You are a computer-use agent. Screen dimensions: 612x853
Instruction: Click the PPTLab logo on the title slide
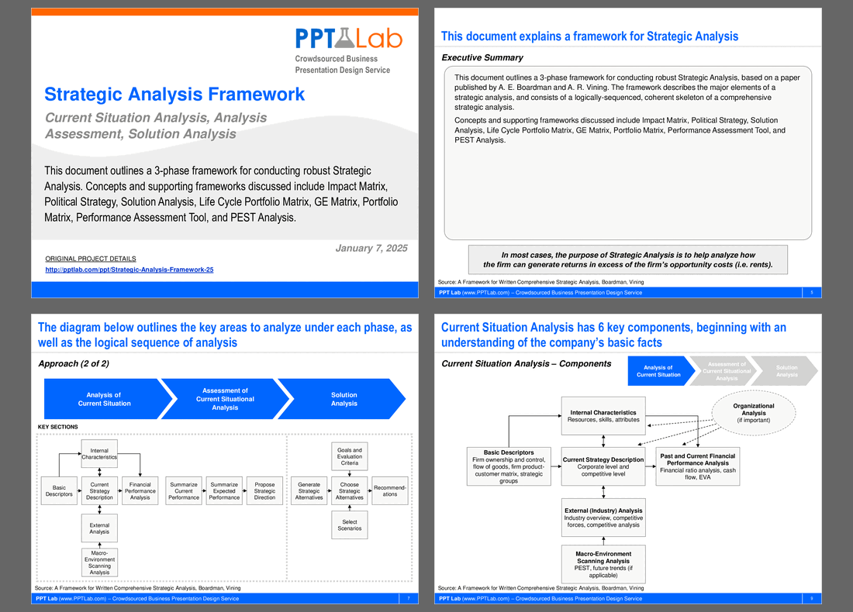[x=348, y=38]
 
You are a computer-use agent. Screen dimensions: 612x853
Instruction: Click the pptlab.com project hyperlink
[x=130, y=270]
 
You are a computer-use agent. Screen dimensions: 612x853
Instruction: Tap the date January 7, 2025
[x=371, y=248]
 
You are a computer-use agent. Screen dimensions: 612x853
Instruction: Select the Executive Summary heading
[x=482, y=57]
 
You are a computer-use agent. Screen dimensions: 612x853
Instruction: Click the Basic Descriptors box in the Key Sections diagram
[x=59, y=490]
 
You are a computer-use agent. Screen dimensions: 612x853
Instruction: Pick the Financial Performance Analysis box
[x=140, y=490]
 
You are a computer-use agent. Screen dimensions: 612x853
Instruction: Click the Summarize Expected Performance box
[x=224, y=490]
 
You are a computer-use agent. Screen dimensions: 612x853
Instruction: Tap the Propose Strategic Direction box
[x=264, y=490]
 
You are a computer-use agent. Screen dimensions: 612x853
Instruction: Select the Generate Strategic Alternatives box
[x=309, y=490]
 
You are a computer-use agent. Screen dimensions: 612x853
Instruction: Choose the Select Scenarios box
[x=349, y=525]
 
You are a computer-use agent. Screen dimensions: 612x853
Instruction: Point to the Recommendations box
[x=389, y=490]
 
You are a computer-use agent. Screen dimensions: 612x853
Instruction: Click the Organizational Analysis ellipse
[x=753, y=413]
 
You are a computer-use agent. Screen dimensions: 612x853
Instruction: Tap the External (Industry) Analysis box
[x=603, y=517]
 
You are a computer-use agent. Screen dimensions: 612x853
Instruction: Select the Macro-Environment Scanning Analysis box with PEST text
[x=603, y=564]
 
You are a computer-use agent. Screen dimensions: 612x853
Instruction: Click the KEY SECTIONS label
[x=58, y=427]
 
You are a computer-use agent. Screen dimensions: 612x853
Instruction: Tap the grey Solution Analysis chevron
[x=786, y=371]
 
